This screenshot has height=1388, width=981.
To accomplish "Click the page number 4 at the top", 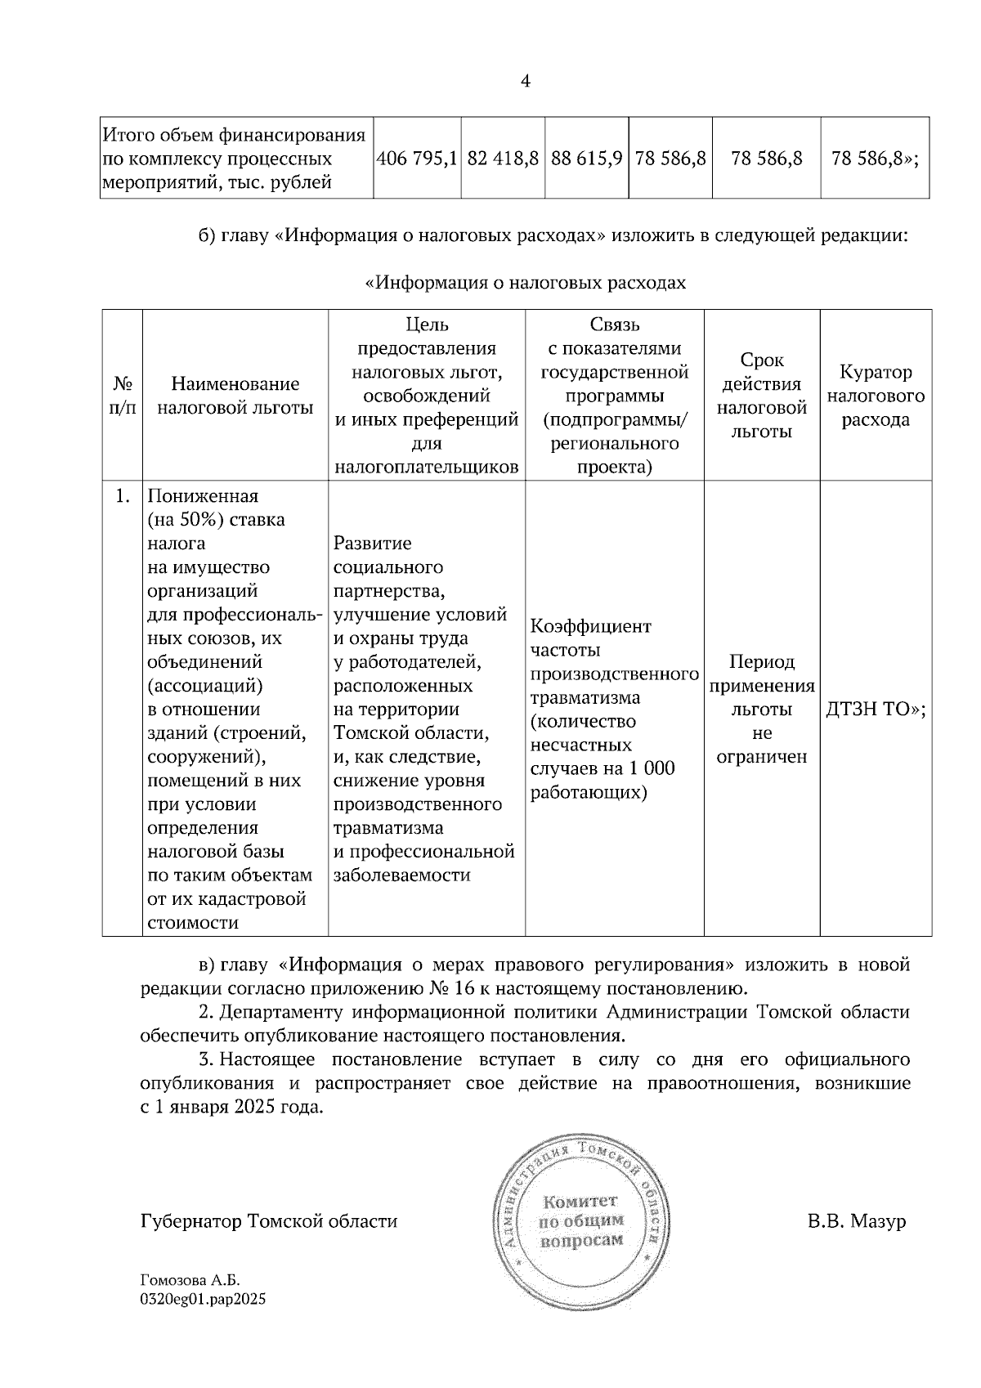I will point(525,81).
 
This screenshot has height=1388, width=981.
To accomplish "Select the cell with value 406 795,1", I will point(416,159).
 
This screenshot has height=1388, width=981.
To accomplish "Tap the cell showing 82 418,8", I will point(503,159).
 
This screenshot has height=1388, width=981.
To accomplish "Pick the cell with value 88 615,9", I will point(587,159).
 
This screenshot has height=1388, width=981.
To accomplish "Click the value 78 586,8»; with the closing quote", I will point(875,159).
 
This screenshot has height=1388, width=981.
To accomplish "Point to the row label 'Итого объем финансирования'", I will point(233,134).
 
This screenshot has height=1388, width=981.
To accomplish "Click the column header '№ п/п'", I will point(123,396).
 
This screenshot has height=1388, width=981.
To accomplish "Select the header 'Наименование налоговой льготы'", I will point(235,396).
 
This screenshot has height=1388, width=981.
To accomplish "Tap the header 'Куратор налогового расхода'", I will point(876,396).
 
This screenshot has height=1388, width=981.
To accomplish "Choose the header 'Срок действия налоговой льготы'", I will point(762,396).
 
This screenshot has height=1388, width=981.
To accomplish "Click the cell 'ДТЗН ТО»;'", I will point(876,710).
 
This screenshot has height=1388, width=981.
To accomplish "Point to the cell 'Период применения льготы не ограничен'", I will point(762,709).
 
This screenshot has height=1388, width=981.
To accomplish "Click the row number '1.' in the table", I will point(123,497).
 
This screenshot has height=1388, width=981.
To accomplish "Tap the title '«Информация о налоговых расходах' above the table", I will point(525,283).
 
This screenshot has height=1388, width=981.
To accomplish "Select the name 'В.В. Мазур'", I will point(857,1221).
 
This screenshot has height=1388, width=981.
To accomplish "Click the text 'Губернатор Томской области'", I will point(269,1221).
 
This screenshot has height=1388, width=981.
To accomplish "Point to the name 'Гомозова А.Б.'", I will point(190,1281).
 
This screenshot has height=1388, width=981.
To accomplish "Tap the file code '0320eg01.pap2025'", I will point(204,1298).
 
